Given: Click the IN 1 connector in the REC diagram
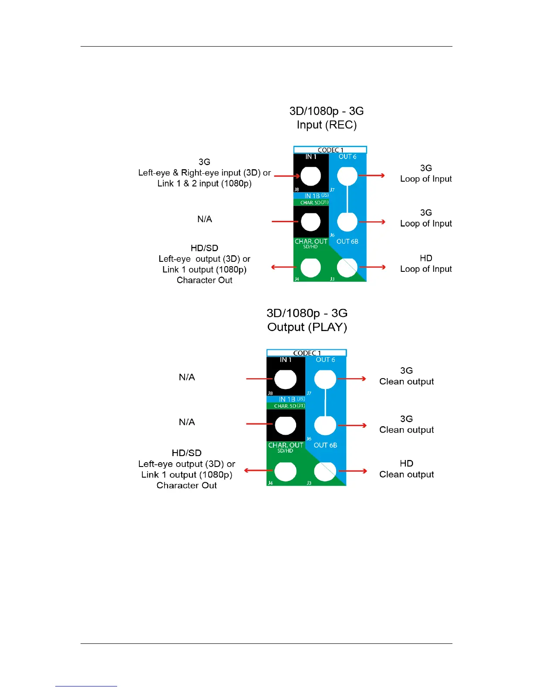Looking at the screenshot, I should (x=310, y=176).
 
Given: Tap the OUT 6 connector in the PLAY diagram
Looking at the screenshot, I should (x=325, y=379).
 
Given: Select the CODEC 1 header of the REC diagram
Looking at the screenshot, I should (x=330, y=150).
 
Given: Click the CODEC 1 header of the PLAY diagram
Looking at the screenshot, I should (x=307, y=353).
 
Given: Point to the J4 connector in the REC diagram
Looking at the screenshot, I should (x=310, y=267).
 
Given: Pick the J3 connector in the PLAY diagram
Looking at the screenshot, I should (x=325, y=471).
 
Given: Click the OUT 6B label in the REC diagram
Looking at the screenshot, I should (x=347, y=241).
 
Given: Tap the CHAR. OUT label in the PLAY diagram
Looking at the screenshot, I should (x=286, y=445).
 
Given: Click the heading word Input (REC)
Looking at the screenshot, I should (x=327, y=125).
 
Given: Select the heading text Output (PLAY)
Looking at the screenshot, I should (x=307, y=327).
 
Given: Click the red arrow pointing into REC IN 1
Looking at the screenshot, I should (x=287, y=176).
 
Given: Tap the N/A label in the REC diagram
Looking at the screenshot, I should (x=205, y=219).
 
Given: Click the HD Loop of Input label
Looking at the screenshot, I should (x=426, y=264).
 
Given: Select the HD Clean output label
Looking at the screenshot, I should (x=406, y=469).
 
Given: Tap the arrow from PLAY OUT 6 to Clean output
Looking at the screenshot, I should (x=352, y=379).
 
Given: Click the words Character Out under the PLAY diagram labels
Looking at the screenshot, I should (x=186, y=485).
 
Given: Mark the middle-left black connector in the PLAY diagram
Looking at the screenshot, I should (x=285, y=426).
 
